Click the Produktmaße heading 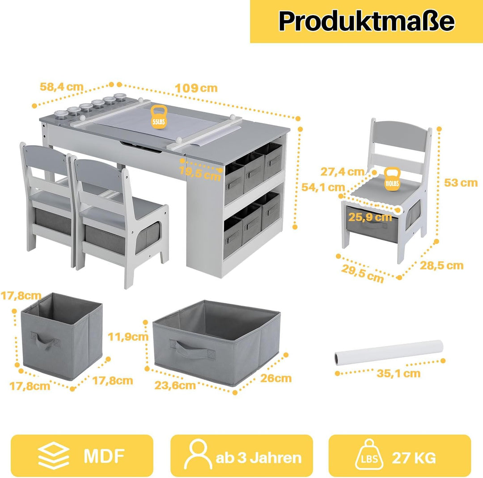coord(366,21)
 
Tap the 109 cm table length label coord(196,88)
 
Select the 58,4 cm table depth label coord(62,87)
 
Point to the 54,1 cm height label coord(323,187)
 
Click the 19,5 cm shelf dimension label coord(200,173)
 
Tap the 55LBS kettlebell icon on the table coord(159,116)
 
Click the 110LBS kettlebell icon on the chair coord(392,178)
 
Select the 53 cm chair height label coord(461,183)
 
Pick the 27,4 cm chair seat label coord(342,172)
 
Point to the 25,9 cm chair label coord(370,217)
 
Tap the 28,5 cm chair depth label coord(442,265)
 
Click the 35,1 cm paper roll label coord(398,373)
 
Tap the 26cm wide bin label coord(276,378)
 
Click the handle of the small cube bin coord(45,340)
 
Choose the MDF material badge coord(82,456)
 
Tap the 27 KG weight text coord(414,458)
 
